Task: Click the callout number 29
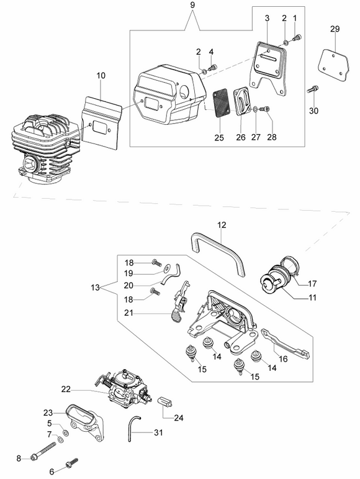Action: point(335,29)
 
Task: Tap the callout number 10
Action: point(101,75)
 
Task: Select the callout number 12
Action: point(222,225)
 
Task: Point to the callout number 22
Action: point(66,389)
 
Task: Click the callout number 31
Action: point(158,432)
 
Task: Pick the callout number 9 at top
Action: point(192,5)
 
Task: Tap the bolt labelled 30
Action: point(313,89)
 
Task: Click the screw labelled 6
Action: point(72,469)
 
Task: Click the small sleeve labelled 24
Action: point(164,402)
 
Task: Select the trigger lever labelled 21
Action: point(180,303)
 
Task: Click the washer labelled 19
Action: point(167,268)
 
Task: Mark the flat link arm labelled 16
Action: point(287,345)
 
